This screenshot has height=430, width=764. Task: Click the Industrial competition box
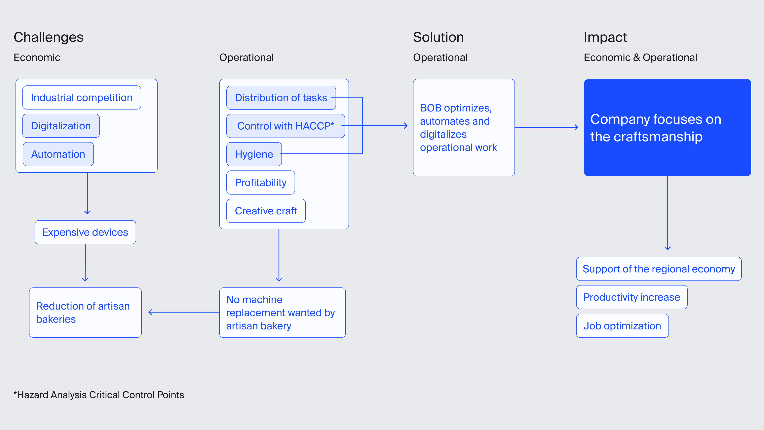[x=82, y=98]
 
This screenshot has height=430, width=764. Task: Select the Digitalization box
[x=61, y=126]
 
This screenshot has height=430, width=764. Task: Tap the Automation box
[x=58, y=154]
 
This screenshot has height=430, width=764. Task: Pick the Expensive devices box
[x=85, y=232]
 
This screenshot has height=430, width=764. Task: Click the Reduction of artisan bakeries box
[x=85, y=313]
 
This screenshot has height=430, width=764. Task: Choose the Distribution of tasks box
[x=281, y=98]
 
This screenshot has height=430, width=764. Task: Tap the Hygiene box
[x=254, y=154]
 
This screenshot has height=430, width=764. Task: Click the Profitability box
[x=260, y=183]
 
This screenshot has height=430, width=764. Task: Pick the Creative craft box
[x=266, y=211]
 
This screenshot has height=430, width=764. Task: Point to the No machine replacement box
[x=282, y=313]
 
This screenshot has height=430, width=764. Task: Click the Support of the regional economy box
[x=659, y=269]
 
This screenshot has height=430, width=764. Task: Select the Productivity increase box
[x=632, y=297]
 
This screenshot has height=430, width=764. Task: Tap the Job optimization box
[x=622, y=325]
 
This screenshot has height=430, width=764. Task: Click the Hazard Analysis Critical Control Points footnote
[x=99, y=395]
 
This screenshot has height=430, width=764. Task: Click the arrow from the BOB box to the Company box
[x=547, y=127]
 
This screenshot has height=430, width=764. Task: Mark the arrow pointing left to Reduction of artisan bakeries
[x=184, y=312]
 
